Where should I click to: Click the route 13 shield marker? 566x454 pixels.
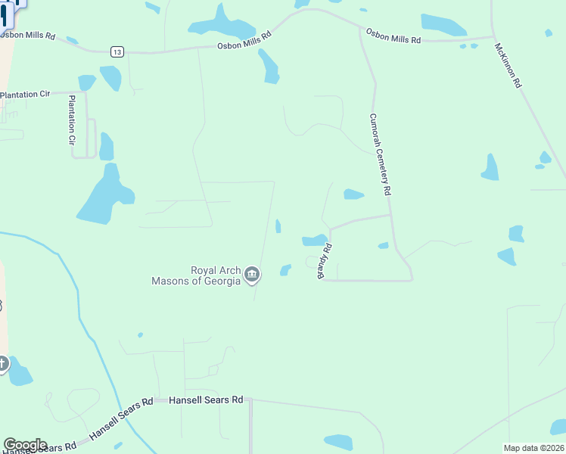[x=116, y=51]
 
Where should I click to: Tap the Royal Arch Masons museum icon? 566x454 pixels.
[x=253, y=275]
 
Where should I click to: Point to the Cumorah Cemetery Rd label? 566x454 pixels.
[x=379, y=155]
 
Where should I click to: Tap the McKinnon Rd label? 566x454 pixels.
[x=508, y=65]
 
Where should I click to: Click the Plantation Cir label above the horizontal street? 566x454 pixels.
[x=24, y=94]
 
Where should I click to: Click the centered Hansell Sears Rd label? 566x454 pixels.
[x=206, y=400]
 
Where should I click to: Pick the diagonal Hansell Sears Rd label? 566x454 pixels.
[x=121, y=420]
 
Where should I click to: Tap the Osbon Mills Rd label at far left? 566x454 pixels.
[x=28, y=36]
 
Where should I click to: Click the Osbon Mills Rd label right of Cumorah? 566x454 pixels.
[x=393, y=36]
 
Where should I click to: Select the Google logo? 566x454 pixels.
[x=25, y=445]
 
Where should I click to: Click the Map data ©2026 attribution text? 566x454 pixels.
[x=533, y=448]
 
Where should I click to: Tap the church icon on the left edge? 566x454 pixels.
[x=3, y=365]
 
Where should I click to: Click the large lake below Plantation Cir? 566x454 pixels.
[x=104, y=198]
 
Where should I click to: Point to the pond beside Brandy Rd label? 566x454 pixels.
[x=314, y=241]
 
